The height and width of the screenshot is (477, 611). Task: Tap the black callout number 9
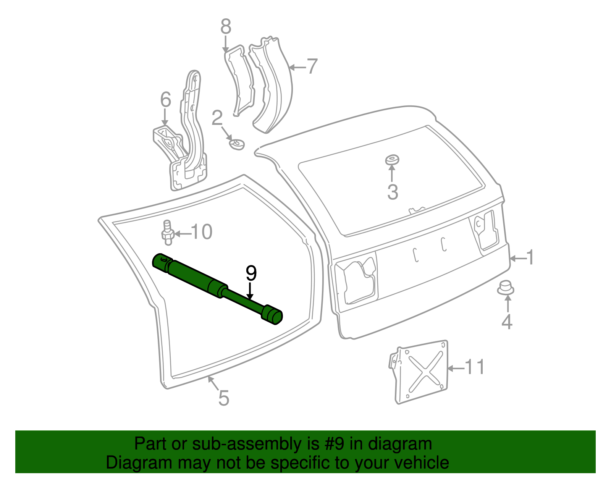[251, 273]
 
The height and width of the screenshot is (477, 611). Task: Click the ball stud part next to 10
[167, 232]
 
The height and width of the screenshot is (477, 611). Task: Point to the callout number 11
[475, 367]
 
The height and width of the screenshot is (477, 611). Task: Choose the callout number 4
[507, 322]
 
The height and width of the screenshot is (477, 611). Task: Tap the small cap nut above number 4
[506, 287]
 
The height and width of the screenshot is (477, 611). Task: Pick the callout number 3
[393, 192]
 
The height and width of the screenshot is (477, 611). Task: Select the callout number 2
[217, 118]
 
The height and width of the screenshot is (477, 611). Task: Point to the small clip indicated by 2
[236, 144]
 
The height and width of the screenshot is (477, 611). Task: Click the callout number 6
[165, 100]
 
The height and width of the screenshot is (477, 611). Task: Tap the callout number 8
[226, 27]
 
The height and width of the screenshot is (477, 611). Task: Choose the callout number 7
[312, 67]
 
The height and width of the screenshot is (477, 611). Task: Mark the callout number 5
[223, 398]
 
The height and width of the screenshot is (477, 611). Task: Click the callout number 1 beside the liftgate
[530, 258]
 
